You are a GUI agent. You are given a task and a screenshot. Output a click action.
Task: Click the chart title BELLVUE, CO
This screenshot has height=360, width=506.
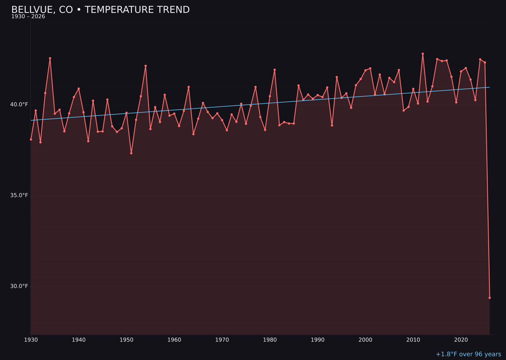click(100, 10)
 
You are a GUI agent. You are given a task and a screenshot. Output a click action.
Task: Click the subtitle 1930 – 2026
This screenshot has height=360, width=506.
click(28, 17)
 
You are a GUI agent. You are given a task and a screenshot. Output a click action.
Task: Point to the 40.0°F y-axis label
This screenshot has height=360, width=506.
click(19, 105)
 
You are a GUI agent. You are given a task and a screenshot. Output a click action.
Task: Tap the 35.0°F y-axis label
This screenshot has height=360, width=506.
click(19, 195)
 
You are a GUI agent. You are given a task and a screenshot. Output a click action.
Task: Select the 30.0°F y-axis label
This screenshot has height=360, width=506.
click(19, 286)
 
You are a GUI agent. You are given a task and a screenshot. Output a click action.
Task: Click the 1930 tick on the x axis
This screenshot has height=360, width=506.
click(31, 340)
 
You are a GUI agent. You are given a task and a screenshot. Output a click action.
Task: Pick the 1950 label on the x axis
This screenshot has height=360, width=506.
click(126, 340)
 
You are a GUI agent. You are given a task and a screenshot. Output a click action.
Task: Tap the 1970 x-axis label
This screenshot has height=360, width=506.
click(222, 340)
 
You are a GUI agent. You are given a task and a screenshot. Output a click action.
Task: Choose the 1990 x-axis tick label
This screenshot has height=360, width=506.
click(318, 340)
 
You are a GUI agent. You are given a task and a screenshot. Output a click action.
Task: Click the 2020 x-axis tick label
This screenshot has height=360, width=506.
click(461, 340)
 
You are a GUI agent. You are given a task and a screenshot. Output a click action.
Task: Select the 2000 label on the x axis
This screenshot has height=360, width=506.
click(365, 340)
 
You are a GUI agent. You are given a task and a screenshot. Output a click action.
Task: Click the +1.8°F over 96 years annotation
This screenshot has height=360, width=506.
click(469, 354)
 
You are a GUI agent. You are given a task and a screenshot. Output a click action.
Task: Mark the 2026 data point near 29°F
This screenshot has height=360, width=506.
click(490, 298)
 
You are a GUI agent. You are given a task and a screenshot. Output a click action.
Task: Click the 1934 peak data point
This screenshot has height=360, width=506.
click(50, 58)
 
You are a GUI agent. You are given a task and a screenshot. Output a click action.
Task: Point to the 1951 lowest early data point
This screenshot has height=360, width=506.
click(131, 153)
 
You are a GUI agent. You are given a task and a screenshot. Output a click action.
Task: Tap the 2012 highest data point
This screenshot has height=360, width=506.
click(423, 54)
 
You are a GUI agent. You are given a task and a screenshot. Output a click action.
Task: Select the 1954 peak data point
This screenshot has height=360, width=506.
click(146, 66)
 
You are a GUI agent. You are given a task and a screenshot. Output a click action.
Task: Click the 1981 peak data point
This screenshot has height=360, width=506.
click(275, 70)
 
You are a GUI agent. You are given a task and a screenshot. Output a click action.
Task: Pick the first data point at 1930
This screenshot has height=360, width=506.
click(31, 139)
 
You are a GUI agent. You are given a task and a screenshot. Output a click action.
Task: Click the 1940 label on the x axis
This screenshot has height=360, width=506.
click(79, 340)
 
